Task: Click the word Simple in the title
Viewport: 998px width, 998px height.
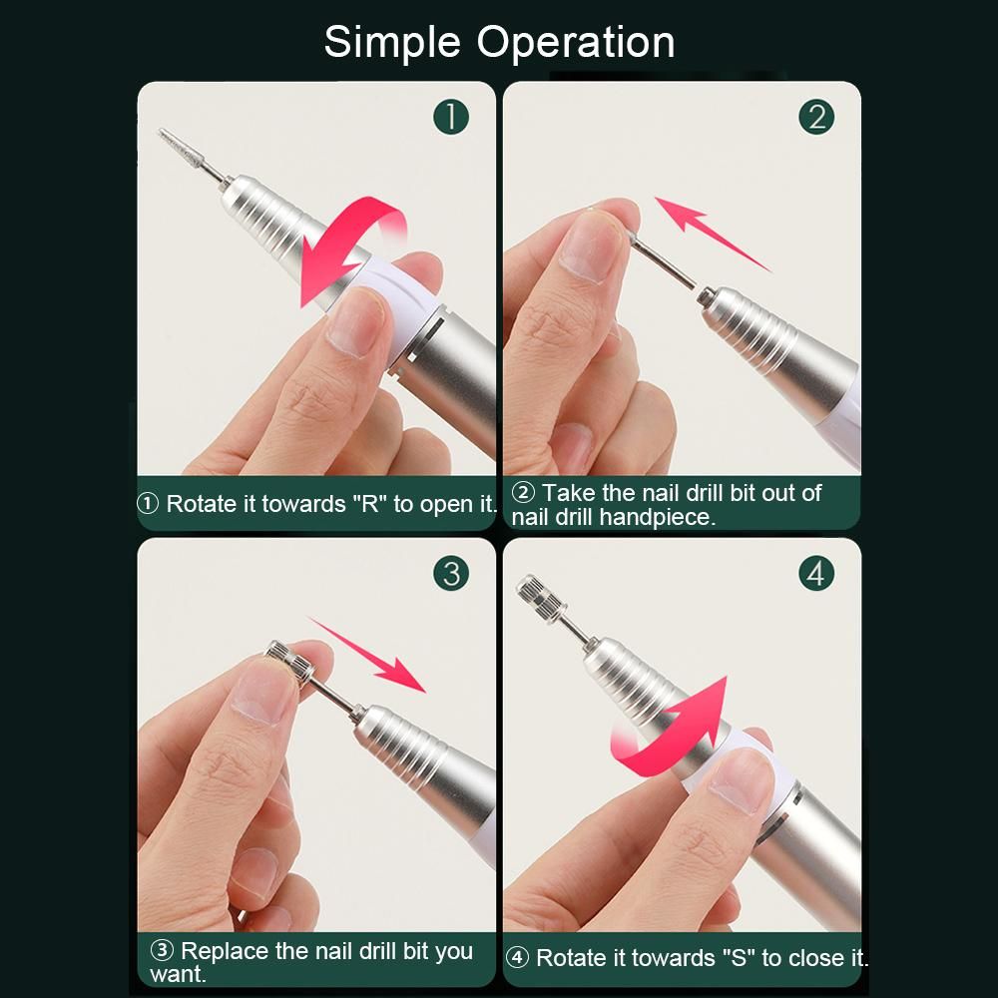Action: (x=392, y=43)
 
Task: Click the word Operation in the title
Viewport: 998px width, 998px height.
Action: (x=576, y=43)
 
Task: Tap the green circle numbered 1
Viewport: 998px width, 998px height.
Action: (x=451, y=117)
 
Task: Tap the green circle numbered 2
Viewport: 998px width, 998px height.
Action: (x=816, y=117)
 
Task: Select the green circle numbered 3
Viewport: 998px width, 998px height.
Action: (x=451, y=574)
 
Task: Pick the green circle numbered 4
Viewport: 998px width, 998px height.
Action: (x=816, y=574)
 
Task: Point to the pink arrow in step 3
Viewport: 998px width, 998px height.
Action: (x=368, y=654)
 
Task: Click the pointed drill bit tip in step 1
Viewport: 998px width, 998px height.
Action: (x=161, y=132)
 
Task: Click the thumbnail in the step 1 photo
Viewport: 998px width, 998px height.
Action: (x=352, y=323)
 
